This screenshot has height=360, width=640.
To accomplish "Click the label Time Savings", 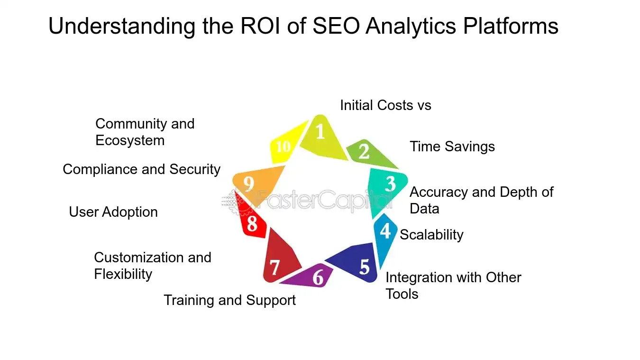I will pyautogui.click(x=452, y=147).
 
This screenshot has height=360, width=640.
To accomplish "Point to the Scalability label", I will pyautogui.click(x=431, y=235).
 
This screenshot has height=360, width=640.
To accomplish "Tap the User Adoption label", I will pyautogui.click(x=113, y=212).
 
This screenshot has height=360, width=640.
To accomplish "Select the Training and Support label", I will pyautogui.click(x=229, y=300).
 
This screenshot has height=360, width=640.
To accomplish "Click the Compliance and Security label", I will pyautogui.click(x=141, y=169).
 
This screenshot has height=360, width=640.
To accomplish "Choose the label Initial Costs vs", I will pyautogui.click(x=385, y=105).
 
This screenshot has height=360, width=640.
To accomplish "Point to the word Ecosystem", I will pyautogui.click(x=130, y=140).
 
